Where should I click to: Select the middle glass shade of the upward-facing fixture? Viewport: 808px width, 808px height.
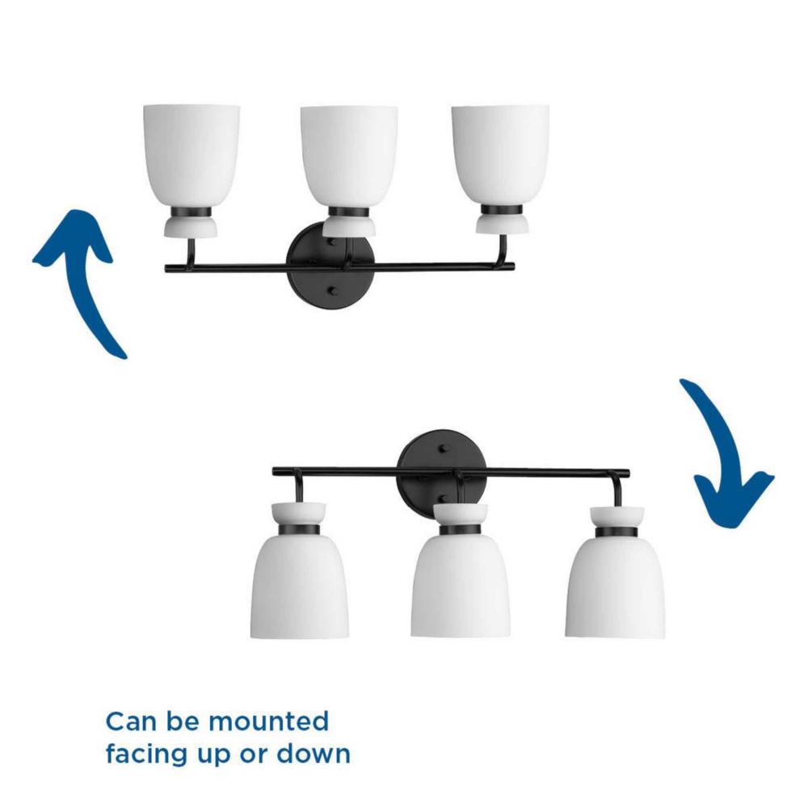(349, 156)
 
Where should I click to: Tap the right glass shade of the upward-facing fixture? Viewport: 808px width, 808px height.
(500, 156)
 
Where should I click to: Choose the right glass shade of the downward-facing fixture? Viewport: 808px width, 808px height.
(615, 587)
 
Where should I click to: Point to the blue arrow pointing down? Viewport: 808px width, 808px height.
(724, 453)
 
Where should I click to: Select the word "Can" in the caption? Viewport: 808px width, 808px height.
(131, 722)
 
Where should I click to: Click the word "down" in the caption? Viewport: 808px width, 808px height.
(314, 754)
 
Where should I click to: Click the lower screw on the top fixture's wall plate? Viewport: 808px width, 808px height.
(331, 291)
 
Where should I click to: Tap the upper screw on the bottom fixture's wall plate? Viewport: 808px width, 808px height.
(442, 448)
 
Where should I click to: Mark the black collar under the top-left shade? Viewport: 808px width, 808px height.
(191, 212)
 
